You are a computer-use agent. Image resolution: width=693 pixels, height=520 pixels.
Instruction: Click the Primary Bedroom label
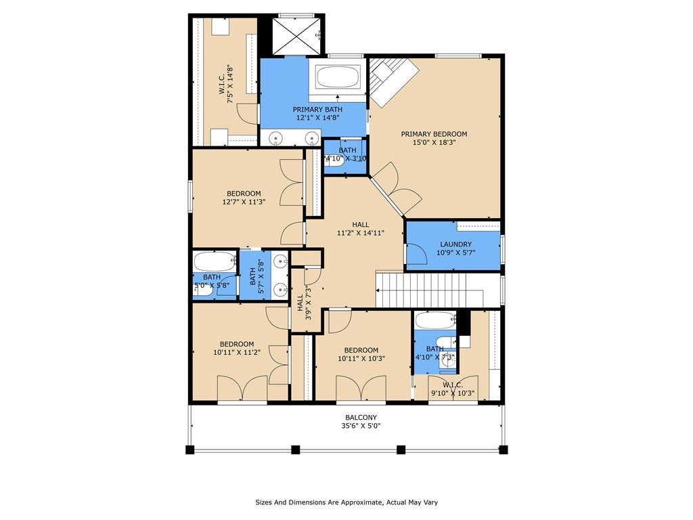pyautogui.click(x=434, y=138)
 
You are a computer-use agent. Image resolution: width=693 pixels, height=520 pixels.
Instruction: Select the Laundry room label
pyautogui.click(x=455, y=248)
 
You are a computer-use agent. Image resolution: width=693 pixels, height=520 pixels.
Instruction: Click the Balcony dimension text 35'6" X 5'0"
pyautogui.click(x=361, y=426)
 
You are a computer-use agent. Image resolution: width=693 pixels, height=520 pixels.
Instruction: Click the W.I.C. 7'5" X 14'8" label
pyautogui.click(x=226, y=84)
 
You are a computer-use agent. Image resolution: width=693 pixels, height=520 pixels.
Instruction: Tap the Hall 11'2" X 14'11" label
pyautogui.click(x=361, y=229)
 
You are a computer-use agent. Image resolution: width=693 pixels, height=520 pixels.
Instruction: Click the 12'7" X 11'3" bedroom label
pyautogui.click(x=244, y=198)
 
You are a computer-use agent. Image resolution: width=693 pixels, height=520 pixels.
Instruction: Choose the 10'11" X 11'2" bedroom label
pyautogui.click(x=237, y=349)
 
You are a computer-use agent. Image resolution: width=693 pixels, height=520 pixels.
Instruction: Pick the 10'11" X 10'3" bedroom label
pyautogui.click(x=361, y=354)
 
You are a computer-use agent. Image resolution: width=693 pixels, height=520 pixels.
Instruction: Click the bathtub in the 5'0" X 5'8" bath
pyautogui.click(x=215, y=261)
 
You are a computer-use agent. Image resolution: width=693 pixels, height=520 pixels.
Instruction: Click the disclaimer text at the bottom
pyautogui.click(x=346, y=502)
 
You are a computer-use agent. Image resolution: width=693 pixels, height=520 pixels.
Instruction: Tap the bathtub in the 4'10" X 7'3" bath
pyautogui.click(x=435, y=320)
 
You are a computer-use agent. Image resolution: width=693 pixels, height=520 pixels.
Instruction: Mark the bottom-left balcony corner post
pyautogui.click(x=189, y=450)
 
